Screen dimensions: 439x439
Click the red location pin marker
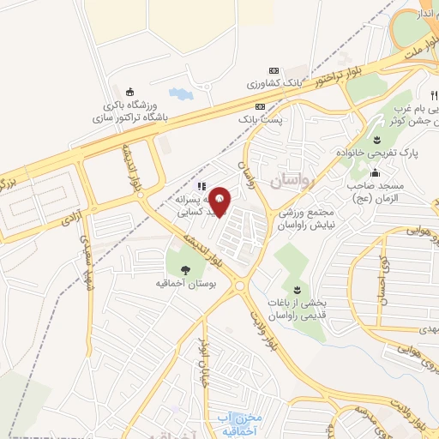[x=221, y=201]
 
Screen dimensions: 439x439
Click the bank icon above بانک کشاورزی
[x=274, y=70]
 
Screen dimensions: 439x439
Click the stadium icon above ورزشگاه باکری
[x=130, y=93]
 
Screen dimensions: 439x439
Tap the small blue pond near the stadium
[x=182, y=92]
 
